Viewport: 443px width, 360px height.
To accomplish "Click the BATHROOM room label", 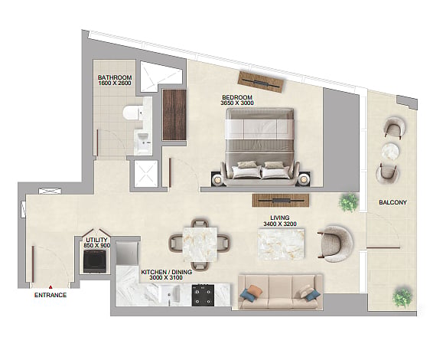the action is (x=115, y=77).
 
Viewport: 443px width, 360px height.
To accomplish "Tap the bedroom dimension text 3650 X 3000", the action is (x=237, y=103).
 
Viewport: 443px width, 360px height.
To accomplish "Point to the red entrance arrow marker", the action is (x=50, y=287).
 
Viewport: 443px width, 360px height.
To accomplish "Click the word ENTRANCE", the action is (x=50, y=295).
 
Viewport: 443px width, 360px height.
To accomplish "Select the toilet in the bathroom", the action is (x=133, y=113).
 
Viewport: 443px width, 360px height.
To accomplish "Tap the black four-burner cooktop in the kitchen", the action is (x=203, y=295).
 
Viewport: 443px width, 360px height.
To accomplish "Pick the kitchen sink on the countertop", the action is (x=170, y=294).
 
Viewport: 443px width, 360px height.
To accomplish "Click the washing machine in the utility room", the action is (x=95, y=261).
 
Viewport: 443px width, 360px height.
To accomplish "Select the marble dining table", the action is (x=200, y=244).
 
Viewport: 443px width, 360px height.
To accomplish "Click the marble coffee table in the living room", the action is (x=281, y=244).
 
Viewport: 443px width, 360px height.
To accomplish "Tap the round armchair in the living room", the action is (x=336, y=244).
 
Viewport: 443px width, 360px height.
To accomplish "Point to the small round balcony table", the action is (x=390, y=152).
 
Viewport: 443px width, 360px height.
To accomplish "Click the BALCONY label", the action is (x=393, y=202).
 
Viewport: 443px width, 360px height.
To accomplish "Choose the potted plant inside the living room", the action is (x=349, y=202).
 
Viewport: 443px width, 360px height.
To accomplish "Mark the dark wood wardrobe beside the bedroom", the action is (x=174, y=115).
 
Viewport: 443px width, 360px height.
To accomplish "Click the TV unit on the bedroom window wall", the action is (x=260, y=82).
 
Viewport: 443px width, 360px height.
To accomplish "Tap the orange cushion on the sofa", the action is (x=254, y=291).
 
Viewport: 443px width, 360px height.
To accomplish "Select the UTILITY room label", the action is (x=96, y=240).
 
